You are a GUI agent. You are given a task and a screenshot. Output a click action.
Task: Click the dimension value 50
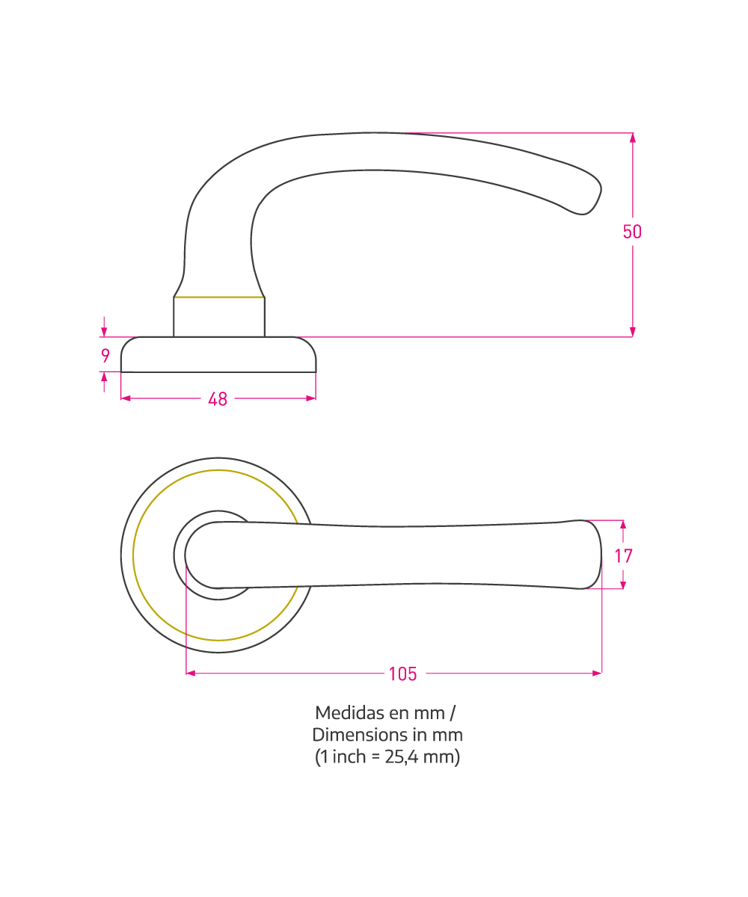click(x=632, y=232)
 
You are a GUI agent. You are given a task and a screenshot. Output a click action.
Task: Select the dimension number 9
click(x=105, y=356)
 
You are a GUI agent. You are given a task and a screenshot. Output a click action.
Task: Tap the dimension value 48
click(x=218, y=399)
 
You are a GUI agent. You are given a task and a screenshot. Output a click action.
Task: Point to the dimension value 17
click(x=623, y=556)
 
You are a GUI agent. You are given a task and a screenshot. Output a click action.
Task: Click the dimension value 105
click(x=403, y=674)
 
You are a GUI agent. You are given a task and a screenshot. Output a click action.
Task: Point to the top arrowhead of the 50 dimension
click(x=632, y=138)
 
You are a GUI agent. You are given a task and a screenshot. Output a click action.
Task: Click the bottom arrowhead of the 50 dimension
click(x=632, y=332)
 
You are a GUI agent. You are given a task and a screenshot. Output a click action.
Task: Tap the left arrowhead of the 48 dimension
click(x=126, y=398)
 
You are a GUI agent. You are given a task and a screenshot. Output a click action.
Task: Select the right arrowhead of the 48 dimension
click(x=311, y=398)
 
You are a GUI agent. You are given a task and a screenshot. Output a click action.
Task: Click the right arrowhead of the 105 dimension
click(x=597, y=673)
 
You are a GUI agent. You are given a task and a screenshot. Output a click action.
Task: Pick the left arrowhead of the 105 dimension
click(x=191, y=673)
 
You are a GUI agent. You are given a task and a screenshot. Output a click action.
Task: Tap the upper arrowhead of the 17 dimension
click(x=623, y=525)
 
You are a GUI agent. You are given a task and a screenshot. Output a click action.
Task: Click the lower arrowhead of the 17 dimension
click(x=623, y=585)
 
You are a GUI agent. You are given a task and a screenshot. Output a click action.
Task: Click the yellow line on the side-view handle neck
click(x=219, y=297)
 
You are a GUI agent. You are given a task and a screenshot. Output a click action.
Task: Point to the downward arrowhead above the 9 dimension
click(x=104, y=332)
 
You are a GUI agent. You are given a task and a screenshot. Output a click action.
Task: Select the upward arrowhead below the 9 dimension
click(x=104, y=377)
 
